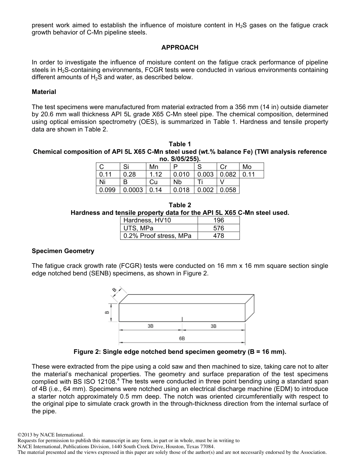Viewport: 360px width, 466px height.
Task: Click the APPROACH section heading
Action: click(x=180, y=47)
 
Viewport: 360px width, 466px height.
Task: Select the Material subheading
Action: click(x=44, y=92)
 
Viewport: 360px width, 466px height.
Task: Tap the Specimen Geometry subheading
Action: click(x=63, y=251)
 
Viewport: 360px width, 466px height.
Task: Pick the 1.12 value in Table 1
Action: click(x=155, y=174)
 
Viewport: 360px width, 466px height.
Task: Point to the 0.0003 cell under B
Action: click(x=133, y=190)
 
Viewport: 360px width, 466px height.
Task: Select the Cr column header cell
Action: click(x=224, y=167)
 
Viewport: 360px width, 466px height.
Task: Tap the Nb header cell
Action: click(x=177, y=182)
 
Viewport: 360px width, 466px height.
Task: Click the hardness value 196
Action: click(x=219, y=220)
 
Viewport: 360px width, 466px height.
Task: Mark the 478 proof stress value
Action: click(x=219, y=236)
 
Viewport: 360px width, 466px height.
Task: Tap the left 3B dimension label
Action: click(x=150, y=326)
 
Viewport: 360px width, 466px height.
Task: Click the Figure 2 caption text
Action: click(x=180, y=352)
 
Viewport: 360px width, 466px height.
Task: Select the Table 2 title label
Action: click(x=180, y=205)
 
